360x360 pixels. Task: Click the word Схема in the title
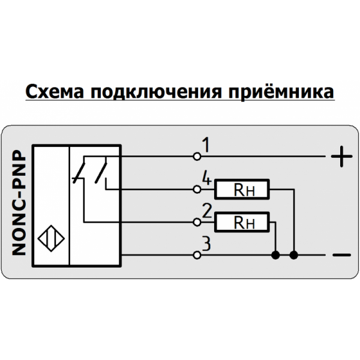coord(53,92)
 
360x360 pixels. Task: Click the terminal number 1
coord(206,146)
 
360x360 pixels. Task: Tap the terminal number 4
coord(206,178)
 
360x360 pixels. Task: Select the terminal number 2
coord(206,211)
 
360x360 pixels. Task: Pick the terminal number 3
coord(206,244)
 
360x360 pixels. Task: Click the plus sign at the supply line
coord(340,158)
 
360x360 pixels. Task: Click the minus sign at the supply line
coord(340,256)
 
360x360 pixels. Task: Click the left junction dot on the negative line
coord(275,256)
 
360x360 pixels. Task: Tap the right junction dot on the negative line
coord(293,256)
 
